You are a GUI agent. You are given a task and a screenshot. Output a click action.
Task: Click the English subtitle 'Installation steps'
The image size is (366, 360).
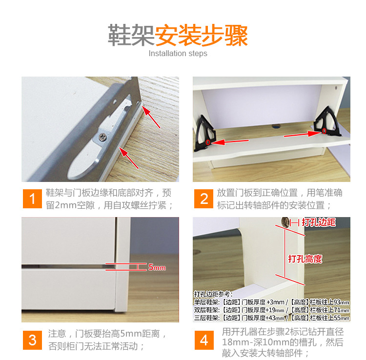(x=178, y=54)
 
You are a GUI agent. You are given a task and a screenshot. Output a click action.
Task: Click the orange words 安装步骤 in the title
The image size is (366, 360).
(x=202, y=35)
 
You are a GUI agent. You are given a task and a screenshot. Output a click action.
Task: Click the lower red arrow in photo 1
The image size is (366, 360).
(x=130, y=160)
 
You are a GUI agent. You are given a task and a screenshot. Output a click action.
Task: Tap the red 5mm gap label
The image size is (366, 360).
(x=157, y=268)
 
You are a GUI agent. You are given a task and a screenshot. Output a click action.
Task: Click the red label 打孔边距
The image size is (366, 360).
(x=319, y=222)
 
